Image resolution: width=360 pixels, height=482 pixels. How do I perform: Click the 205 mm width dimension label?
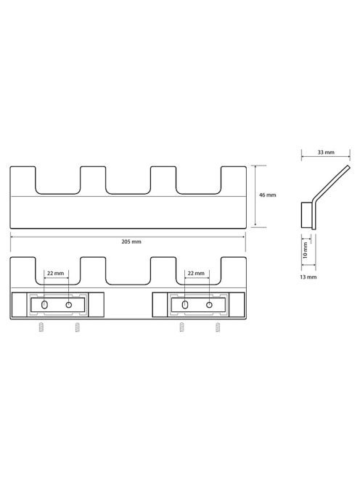point(131,242)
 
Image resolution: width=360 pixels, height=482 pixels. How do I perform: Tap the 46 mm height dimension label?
point(268,195)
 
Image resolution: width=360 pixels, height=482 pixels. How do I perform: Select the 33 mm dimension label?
point(326,152)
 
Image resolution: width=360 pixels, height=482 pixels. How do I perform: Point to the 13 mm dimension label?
point(308,277)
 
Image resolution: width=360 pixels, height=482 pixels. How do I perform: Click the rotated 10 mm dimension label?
point(306,250)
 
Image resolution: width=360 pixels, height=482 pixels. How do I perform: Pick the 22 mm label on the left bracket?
point(56,273)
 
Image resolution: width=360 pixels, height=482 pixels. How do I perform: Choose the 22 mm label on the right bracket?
point(196,273)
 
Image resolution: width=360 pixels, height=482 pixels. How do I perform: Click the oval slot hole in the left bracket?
point(44,305)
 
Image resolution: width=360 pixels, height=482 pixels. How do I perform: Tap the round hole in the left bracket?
point(69,305)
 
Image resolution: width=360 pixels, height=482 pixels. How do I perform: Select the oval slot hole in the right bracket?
point(185,305)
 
